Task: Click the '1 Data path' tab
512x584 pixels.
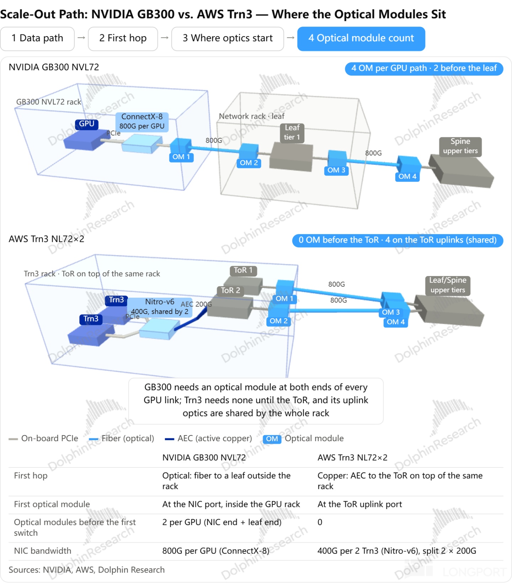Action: (37, 38)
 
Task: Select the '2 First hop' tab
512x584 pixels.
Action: (123, 38)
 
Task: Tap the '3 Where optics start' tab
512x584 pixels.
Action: (228, 38)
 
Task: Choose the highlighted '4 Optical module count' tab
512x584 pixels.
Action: (361, 38)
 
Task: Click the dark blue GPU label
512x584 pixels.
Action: (87, 124)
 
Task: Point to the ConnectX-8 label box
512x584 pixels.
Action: (142, 121)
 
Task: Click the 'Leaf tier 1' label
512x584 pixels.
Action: (292, 133)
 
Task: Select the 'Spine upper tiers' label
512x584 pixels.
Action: (460, 146)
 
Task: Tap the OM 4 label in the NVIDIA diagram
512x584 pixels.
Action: (407, 177)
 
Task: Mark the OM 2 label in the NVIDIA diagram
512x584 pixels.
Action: (249, 163)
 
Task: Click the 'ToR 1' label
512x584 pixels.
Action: (243, 271)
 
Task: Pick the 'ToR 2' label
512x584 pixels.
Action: (230, 291)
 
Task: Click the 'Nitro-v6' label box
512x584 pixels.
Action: (160, 307)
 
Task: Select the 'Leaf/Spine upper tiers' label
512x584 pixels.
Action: (448, 286)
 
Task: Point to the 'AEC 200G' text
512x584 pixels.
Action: (196, 304)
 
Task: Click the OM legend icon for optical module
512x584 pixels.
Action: (272, 439)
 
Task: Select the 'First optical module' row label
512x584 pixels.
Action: (52, 504)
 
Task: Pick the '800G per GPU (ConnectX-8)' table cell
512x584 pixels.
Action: (216, 551)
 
